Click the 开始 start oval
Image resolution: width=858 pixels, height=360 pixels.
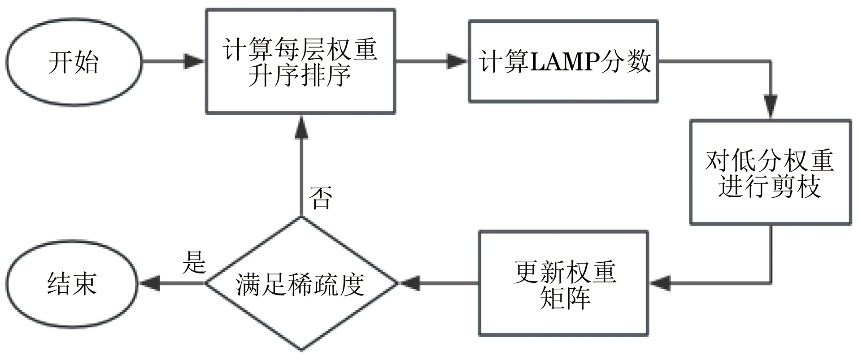74,62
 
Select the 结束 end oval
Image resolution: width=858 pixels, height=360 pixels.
72,283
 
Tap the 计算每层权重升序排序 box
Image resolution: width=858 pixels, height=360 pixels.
300,61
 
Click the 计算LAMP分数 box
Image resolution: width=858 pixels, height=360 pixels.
563,61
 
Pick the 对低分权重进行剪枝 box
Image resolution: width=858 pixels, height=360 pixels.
770,172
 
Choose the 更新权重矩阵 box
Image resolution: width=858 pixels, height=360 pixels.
563,283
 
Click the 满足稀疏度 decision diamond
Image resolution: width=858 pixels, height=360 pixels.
301,283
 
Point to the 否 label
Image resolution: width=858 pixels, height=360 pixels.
321,198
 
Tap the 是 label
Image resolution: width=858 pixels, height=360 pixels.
194,262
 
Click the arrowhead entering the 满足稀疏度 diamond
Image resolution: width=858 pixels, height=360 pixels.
409,283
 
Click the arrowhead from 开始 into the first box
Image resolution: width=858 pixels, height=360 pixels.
194,61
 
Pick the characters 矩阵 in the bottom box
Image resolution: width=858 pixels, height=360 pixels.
565,297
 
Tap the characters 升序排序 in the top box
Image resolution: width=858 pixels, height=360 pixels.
300,75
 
